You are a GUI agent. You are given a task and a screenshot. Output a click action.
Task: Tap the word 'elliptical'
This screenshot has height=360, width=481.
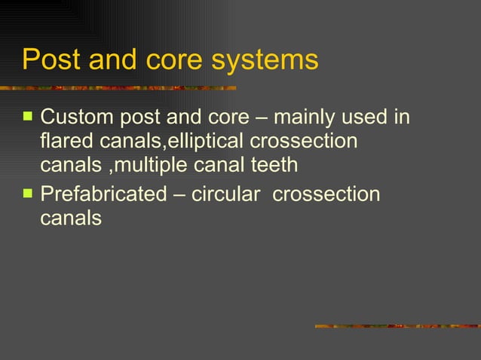[204, 141]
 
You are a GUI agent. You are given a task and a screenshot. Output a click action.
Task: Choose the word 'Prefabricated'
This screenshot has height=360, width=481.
[103, 194]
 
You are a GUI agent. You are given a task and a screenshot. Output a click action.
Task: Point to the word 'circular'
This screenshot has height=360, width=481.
[228, 194]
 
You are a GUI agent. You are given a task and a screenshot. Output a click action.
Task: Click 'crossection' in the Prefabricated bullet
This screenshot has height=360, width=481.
[326, 194]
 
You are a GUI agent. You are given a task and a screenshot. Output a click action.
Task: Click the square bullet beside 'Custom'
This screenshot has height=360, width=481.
[28, 117]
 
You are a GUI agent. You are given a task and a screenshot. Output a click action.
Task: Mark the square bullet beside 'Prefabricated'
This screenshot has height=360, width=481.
[28, 194]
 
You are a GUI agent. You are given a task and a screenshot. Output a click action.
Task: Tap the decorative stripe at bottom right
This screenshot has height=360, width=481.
[397, 326]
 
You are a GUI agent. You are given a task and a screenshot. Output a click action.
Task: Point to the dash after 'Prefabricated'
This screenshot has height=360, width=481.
[179, 195]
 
